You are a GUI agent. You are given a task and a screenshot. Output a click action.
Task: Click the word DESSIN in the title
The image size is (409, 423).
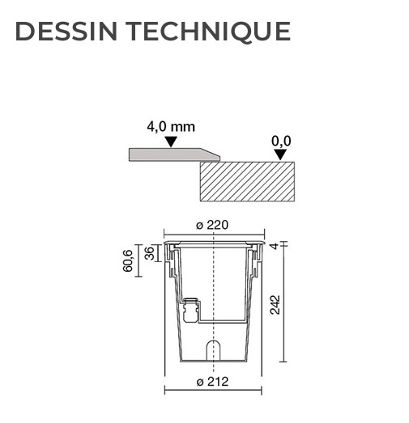pos(66,32)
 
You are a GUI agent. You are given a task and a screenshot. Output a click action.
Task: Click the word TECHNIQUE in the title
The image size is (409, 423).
pos(208,32)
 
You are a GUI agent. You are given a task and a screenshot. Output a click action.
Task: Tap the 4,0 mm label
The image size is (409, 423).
pos(171,127)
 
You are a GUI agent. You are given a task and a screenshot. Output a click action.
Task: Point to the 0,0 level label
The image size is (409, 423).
pos(281,141)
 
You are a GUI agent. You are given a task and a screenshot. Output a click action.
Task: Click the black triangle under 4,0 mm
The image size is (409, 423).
pos(171,142)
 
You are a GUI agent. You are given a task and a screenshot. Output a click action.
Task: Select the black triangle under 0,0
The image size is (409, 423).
pos(280,154)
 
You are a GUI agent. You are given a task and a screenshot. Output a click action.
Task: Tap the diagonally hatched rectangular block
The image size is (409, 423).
pos(247,181)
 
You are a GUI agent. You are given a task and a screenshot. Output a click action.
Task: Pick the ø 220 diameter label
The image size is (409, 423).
pos(212,225)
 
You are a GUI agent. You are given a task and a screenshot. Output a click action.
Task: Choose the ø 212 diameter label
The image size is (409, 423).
pos(213,382)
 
